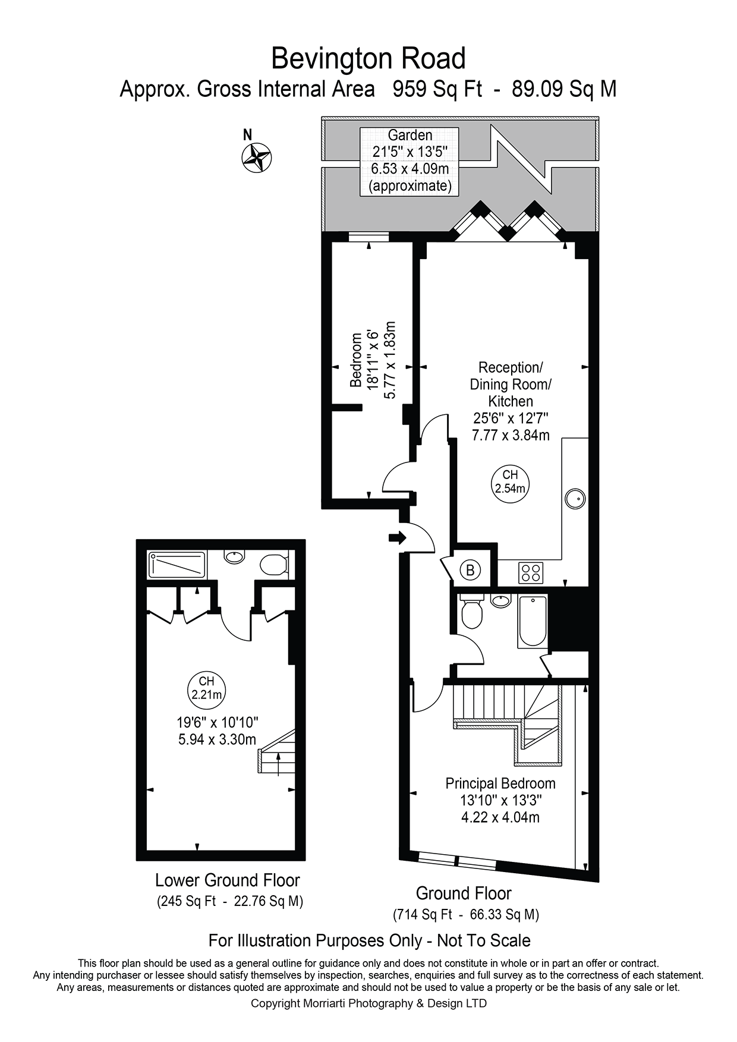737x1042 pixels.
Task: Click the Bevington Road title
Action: tap(368, 59)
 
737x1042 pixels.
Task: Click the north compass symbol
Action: tap(257, 158)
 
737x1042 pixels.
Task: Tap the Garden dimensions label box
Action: tap(410, 161)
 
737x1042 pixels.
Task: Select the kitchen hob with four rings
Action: tap(531, 572)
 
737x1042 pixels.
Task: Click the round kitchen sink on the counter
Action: tap(575, 498)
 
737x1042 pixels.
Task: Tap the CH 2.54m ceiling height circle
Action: tap(510, 482)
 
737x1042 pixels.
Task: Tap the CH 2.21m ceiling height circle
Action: tap(206, 688)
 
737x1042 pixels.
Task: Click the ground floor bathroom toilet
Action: tap(472, 612)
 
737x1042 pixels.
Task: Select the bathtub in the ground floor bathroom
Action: tap(533, 621)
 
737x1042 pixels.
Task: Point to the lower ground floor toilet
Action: tap(273, 565)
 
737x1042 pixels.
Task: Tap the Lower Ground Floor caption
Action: tap(228, 880)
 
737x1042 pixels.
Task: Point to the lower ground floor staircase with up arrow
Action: tap(278, 753)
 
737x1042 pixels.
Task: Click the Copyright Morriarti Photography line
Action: tap(368, 1003)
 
